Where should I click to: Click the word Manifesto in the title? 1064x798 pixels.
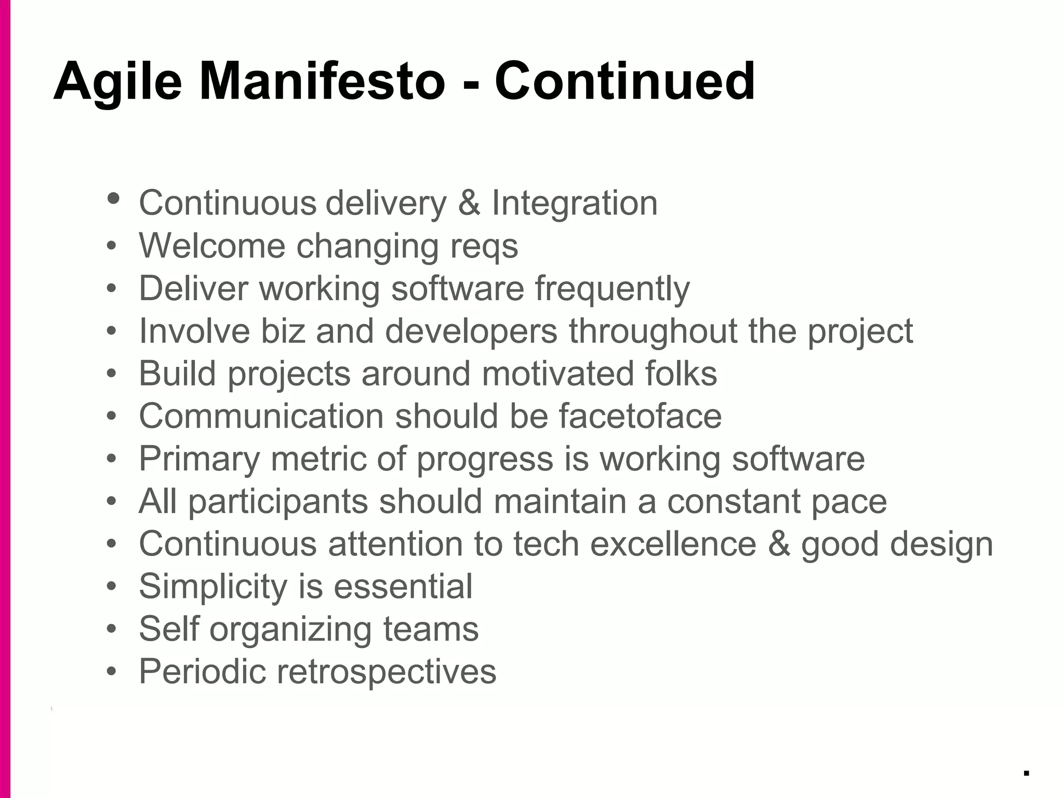(x=322, y=82)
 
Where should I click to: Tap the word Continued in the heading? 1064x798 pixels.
(x=624, y=82)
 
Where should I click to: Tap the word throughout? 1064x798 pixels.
(x=653, y=331)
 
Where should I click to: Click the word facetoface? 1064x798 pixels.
(x=640, y=416)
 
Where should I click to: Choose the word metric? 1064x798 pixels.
(x=318, y=459)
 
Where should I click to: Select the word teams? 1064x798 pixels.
(x=431, y=629)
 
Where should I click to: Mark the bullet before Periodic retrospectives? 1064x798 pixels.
(x=112, y=672)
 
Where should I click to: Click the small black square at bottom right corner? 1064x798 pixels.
(x=1027, y=773)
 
